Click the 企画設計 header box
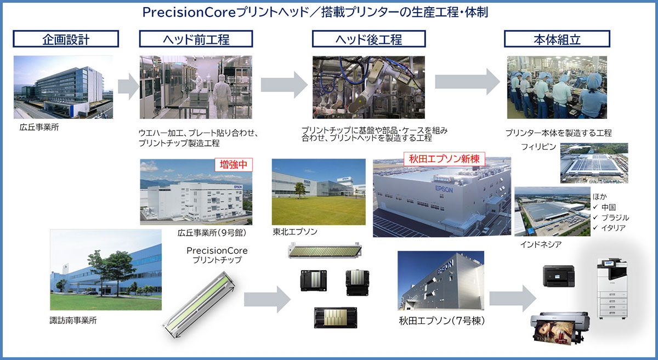tap(66, 39)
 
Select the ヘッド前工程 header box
tap(196, 39)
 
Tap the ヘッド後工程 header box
tap(368, 39)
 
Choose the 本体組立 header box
tap(557, 39)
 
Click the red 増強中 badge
tap(234, 165)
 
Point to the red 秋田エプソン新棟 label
tap(444, 159)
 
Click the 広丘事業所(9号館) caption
tap(212, 233)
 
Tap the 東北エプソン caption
tap(295, 232)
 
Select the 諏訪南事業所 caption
tap(73, 321)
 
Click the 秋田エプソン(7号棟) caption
tap(441, 321)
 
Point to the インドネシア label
tap(541, 244)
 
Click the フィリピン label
tap(538, 146)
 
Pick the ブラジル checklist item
tap(611, 218)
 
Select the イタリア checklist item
tap(609, 228)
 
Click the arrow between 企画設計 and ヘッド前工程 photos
tap(129, 87)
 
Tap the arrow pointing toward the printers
tap(513, 299)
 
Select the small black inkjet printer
tap(559, 276)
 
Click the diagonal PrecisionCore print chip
tap(199, 305)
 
